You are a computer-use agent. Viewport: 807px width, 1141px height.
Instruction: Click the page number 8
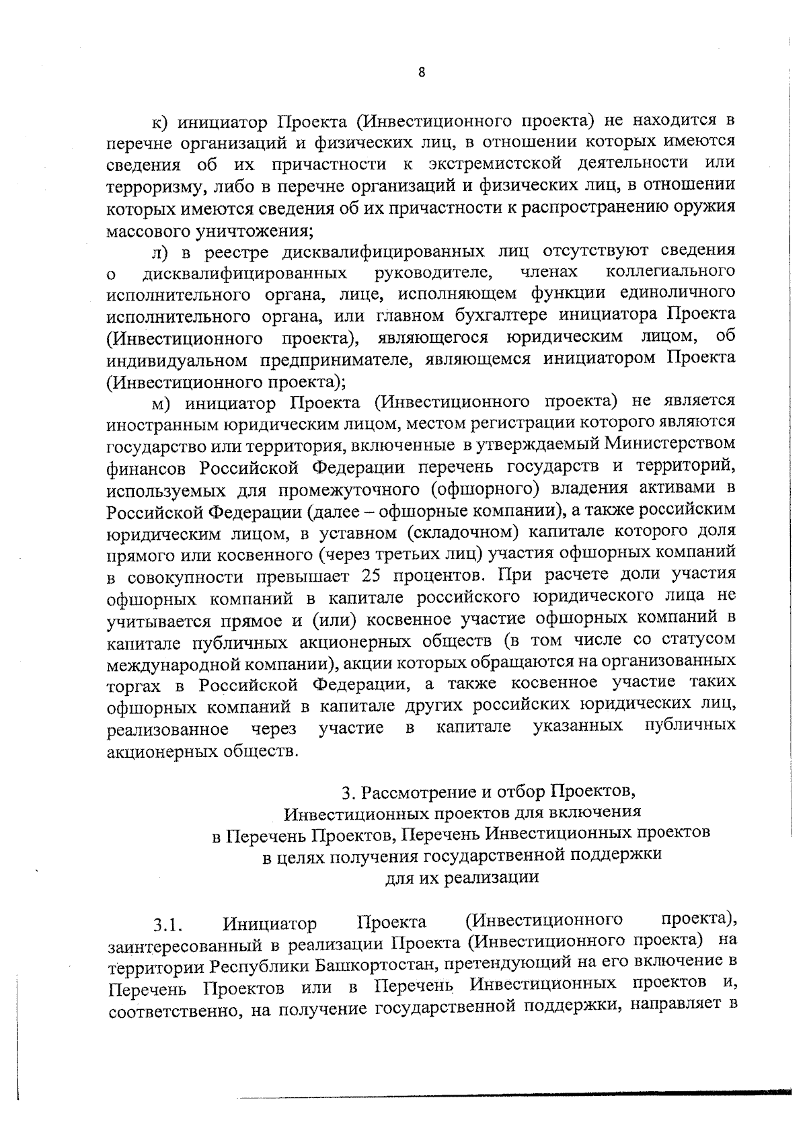click(421, 73)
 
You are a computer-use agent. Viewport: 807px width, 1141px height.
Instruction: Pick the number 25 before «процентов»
click(373, 576)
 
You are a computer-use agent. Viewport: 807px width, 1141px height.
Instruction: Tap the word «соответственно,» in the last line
click(170, 1010)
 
